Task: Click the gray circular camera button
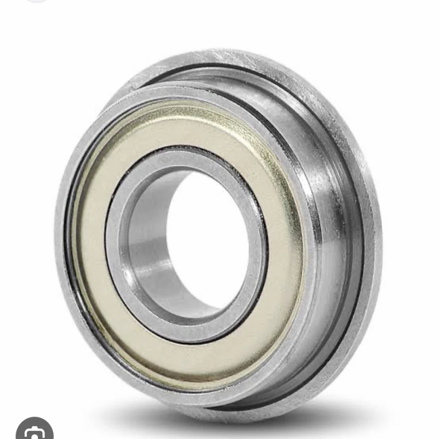coord(34,430)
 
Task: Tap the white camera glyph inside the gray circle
coord(35,432)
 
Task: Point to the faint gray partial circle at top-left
coord(36,2)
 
